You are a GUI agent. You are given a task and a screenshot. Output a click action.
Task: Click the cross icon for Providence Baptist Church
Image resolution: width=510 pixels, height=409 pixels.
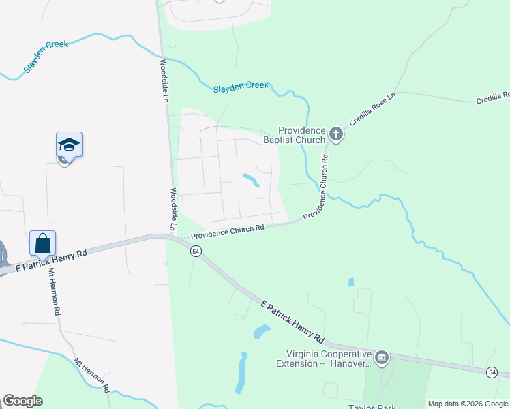pos(335,134)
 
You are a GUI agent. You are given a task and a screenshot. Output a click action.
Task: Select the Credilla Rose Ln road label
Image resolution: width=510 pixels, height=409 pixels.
pos(372,109)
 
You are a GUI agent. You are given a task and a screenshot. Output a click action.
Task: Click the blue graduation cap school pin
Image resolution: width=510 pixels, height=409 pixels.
pos(69,145)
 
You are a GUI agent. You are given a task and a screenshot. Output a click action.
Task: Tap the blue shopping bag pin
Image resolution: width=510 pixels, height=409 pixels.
pos(42,243)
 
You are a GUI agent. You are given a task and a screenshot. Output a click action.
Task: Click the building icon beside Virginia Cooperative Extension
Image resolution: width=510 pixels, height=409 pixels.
pos(382,357)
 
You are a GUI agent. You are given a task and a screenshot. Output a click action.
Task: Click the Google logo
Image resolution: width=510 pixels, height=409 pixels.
pos(22,401)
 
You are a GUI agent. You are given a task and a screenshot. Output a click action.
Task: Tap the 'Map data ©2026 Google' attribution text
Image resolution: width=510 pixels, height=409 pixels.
pos(468,404)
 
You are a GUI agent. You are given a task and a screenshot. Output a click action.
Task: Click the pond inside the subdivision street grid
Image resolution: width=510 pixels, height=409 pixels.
pos(251,180)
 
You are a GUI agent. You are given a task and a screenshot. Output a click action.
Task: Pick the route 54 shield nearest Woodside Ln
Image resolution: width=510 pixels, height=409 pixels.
pos(196,252)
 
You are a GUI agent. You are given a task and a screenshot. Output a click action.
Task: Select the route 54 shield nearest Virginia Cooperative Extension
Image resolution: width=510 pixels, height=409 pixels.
pos(492,372)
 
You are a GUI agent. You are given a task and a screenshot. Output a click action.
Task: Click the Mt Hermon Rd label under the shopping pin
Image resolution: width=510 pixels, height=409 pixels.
pos(54,290)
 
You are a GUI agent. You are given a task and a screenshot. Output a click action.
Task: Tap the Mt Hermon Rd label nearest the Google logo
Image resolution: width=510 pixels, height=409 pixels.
pos(92,375)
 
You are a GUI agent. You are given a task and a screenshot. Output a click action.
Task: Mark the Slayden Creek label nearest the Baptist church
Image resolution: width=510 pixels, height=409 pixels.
pos(241,87)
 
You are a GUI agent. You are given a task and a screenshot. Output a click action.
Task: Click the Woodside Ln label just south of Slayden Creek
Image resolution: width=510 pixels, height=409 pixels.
pos(164,80)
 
